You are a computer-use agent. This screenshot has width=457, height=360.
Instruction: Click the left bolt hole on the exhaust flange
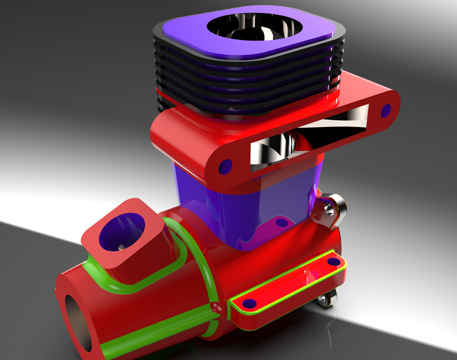225,166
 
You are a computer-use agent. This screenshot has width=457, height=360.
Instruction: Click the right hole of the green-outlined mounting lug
334,262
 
